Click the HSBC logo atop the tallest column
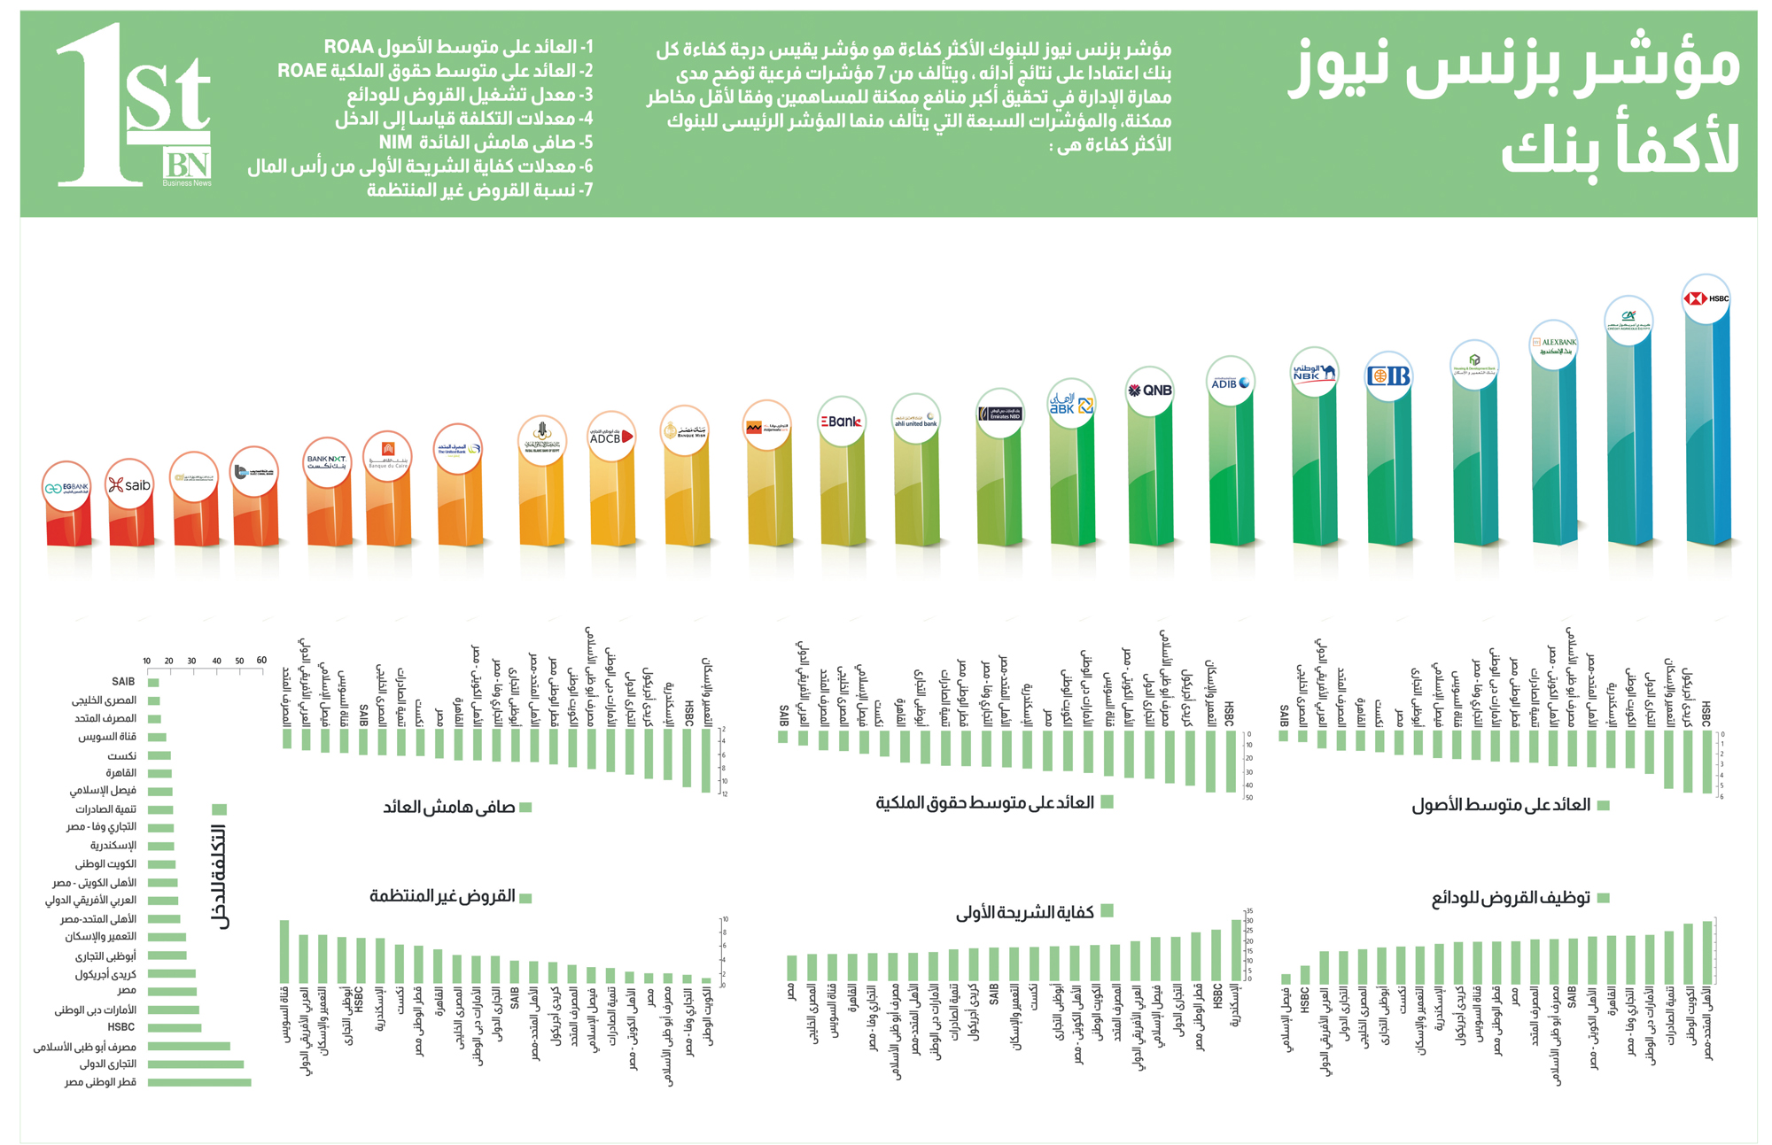[x=1706, y=299]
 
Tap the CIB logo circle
[x=1388, y=376]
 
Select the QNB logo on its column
[x=1150, y=391]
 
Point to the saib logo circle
[x=129, y=484]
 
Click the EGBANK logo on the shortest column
[x=66, y=487]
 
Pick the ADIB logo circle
[x=1231, y=383]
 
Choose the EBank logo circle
[x=841, y=422]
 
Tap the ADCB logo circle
[x=611, y=437]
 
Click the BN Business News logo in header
[x=187, y=167]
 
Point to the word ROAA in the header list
[x=360, y=47]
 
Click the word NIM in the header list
[x=396, y=143]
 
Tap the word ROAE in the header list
[x=302, y=71]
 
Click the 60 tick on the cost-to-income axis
[x=261, y=661]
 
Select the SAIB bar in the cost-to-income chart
[x=153, y=683]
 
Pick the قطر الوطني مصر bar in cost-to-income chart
[x=199, y=1082]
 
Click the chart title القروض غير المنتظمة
[x=442, y=896]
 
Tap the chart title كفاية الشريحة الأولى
[x=1025, y=912]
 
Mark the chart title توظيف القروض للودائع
[x=1511, y=898]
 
